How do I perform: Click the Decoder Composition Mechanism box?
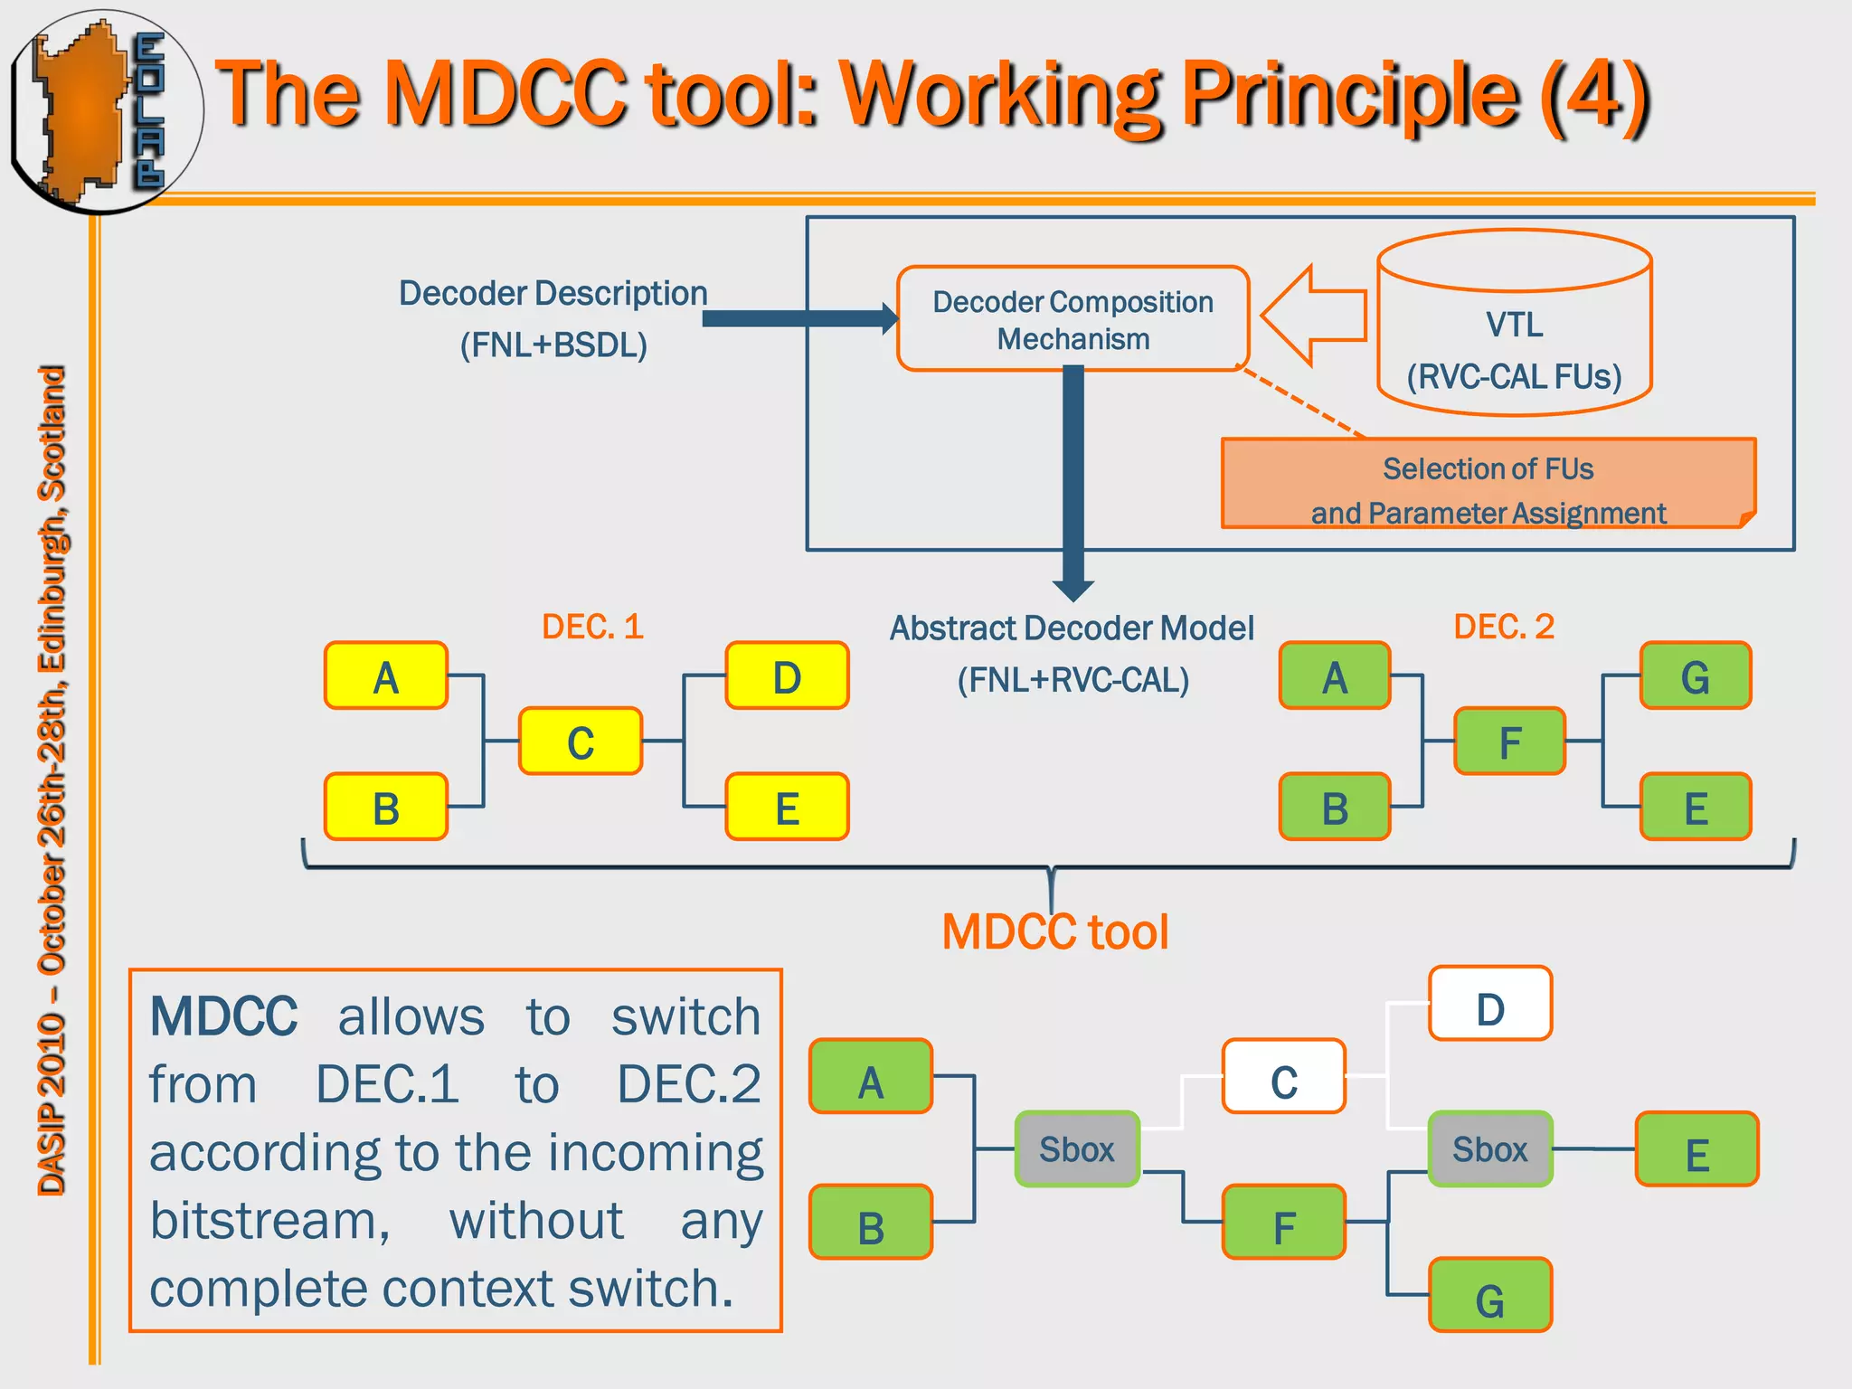1072,318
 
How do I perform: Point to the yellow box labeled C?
581,742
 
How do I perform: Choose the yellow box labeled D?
787,676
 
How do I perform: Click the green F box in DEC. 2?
1509,742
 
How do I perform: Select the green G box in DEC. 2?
1696,676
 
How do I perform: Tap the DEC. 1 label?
592,627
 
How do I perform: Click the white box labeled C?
1283,1077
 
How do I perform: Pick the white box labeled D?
1490,1004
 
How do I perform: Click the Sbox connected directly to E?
1490,1149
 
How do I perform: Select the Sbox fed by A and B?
1076,1149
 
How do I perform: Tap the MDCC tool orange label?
1054,932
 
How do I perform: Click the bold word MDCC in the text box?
223,1016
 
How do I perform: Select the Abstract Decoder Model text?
1072,628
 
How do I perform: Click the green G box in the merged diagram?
1490,1296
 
